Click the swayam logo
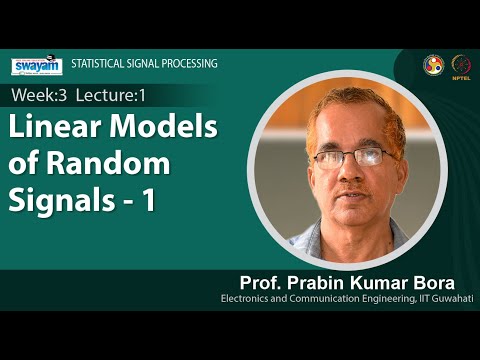click(36, 66)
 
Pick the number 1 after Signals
click(148, 199)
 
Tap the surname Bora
click(446, 279)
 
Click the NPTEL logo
click(461, 64)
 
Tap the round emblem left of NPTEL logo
click(433, 64)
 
